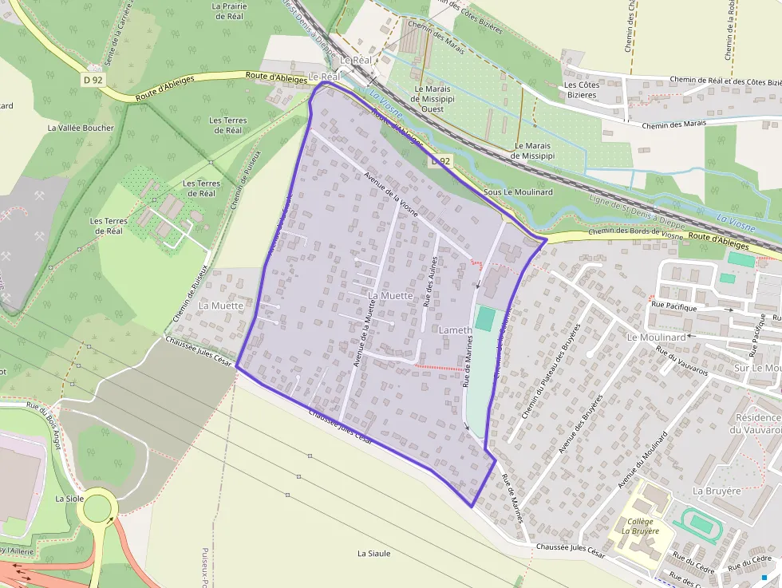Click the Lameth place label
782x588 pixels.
456,330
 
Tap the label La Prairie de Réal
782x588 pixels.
229,11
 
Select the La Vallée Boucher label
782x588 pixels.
81,128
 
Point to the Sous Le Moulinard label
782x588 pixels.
518,192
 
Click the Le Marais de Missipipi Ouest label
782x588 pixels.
432,99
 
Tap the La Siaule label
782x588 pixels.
373,553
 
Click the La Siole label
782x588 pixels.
69,498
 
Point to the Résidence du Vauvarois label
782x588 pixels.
758,424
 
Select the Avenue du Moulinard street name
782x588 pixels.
642,461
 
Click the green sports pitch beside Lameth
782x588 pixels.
484,319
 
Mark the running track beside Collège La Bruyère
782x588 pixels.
701,524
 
